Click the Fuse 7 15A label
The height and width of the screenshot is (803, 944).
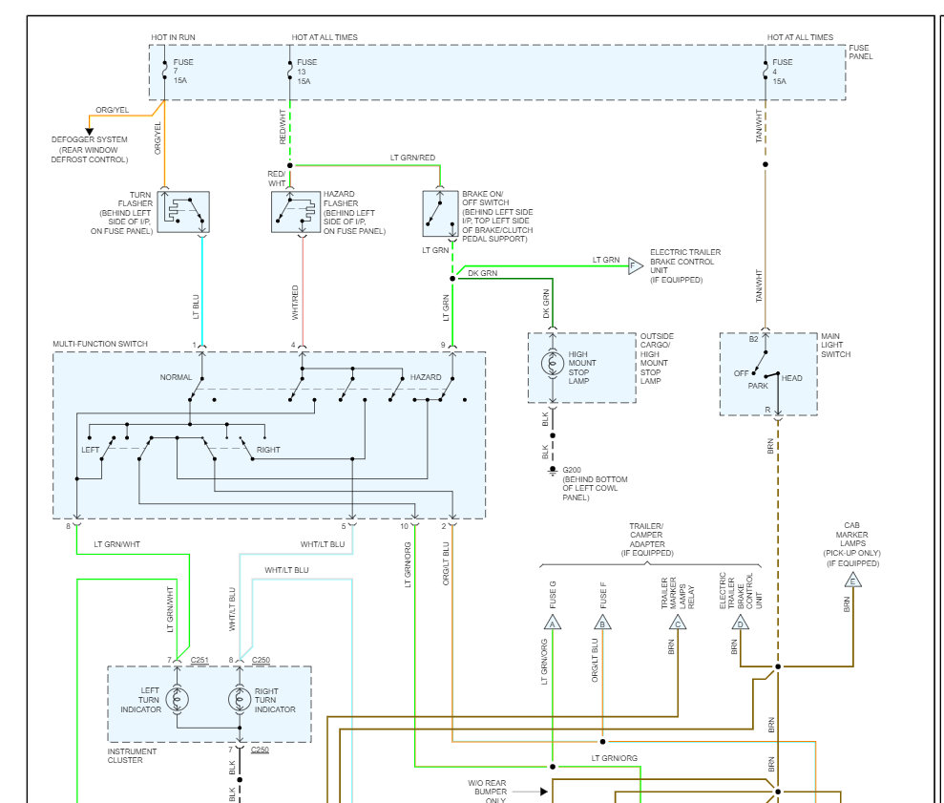coord(183,71)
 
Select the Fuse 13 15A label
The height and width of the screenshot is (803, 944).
coord(306,71)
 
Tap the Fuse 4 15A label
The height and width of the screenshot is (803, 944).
coord(782,71)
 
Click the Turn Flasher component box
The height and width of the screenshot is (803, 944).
coord(183,212)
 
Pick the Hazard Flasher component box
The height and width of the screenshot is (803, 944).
coord(296,212)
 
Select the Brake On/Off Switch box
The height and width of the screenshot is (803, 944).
coord(440,213)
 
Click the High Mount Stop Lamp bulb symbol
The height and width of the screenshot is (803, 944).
coord(552,363)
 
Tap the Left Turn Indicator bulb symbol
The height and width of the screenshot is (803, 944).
coord(177,699)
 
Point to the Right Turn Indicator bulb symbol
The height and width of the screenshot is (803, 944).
coord(239,699)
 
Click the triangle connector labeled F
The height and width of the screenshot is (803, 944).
coord(635,265)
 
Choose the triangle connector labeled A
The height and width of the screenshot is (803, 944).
coord(552,623)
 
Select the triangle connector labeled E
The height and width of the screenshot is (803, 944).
coord(852,581)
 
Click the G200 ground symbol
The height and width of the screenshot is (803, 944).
coord(552,471)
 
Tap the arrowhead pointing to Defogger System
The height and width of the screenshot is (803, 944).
coord(89,132)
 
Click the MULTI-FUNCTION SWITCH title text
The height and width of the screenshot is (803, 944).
coord(100,344)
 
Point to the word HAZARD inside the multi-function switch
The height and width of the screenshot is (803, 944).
coord(426,377)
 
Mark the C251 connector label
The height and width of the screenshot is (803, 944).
coord(199,660)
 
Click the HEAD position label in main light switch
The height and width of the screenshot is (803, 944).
coord(791,378)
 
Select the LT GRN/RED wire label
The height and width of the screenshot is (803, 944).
coord(412,158)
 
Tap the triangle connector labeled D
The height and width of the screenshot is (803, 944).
coord(740,623)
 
